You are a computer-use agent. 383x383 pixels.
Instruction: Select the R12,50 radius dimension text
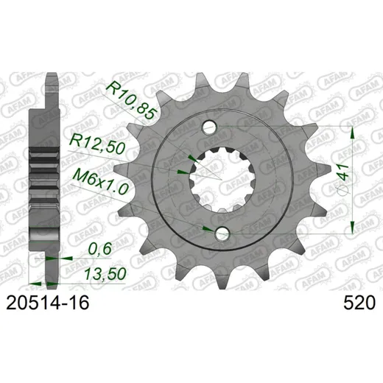[x=98, y=144]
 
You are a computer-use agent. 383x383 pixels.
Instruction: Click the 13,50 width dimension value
[x=105, y=274]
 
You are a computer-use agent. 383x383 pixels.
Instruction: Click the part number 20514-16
[x=48, y=303]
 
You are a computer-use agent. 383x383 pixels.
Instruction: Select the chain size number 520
[x=359, y=303]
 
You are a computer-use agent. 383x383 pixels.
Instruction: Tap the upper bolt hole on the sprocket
[x=209, y=127]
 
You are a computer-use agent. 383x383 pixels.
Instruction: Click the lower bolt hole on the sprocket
[x=222, y=233]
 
